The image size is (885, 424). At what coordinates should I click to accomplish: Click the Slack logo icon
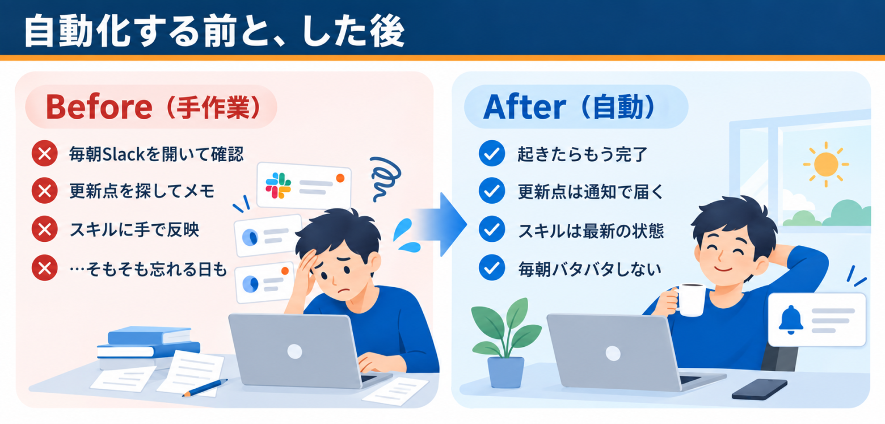278,186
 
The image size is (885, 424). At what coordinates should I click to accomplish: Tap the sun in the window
826,165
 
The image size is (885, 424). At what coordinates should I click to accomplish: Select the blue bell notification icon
791,320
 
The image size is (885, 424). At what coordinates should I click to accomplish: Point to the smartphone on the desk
760,389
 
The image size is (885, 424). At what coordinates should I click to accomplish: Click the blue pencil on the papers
205,388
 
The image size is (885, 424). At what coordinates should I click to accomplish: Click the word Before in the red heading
99,107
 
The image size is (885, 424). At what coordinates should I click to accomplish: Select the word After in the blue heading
524,107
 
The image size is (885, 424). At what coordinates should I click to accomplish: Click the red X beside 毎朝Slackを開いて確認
45,153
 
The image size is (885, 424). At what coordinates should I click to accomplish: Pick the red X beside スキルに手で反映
45,229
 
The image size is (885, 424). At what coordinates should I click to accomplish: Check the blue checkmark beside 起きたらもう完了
491,153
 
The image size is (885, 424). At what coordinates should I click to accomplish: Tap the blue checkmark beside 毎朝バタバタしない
491,268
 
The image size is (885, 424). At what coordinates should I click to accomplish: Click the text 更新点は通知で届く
590,192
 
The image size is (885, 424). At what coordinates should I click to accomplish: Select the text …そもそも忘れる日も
148,269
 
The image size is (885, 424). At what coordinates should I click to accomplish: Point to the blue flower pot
505,372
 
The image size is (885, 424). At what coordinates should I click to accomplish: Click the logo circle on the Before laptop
295,351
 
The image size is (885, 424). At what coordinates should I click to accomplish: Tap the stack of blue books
149,347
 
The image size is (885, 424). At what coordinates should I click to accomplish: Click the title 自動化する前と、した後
214,31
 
